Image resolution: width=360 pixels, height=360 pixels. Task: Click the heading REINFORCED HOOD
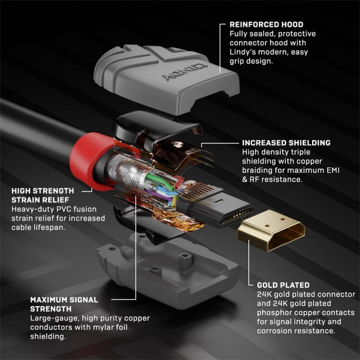point(266,24)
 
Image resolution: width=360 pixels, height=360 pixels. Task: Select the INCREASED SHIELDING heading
point(286,142)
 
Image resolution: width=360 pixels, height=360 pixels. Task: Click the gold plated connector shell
point(270,229)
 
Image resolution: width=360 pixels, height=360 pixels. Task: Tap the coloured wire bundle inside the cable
point(154,188)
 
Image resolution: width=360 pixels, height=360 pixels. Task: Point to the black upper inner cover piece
point(154,129)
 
